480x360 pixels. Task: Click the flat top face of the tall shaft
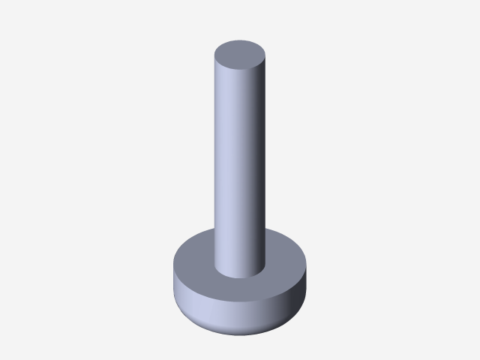coord(240,54)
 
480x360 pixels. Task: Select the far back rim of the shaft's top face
coord(240,40)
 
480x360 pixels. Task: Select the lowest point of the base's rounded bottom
coord(240,334)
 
